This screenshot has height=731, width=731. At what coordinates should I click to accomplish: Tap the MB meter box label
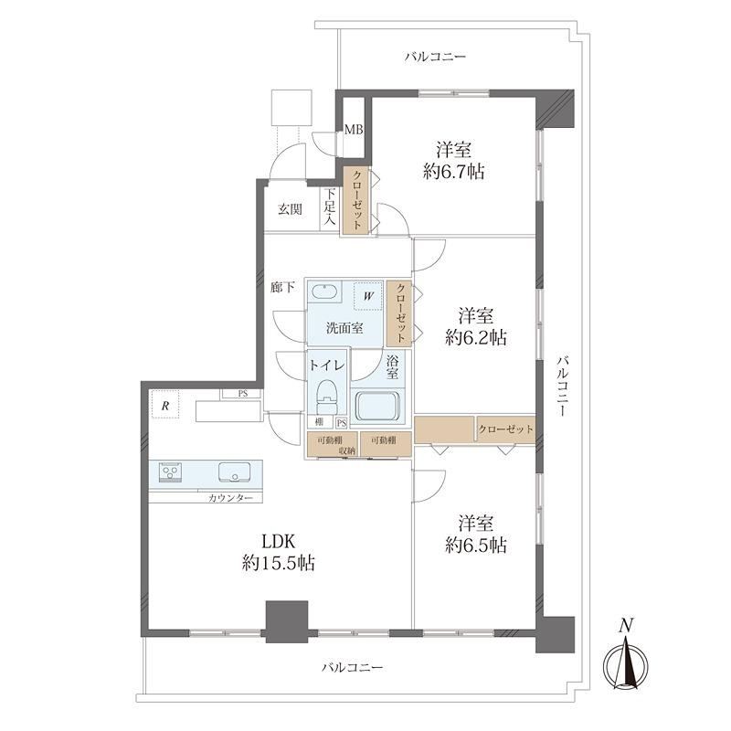[x=354, y=130]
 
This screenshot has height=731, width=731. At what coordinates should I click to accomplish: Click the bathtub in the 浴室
[x=377, y=406]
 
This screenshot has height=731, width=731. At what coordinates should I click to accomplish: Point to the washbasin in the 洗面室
[x=323, y=292]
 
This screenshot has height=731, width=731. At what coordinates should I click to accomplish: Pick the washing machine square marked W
[x=368, y=295]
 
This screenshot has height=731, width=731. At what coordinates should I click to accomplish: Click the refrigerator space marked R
[x=165, y=404]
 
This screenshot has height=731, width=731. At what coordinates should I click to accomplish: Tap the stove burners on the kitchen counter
[x=170, y=471]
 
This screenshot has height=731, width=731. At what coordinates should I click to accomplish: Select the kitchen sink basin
[x=235, y=471]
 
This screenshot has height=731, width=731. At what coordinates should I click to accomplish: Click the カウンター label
[x=230, y=498]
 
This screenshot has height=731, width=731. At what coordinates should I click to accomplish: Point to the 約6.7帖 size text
[x=453, y=172]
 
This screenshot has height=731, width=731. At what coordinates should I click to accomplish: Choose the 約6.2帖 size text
[x=475, y=337]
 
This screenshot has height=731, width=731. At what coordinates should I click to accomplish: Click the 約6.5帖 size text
[x=475, y=545]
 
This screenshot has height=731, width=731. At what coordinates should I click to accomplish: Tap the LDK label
[x=279, y=542]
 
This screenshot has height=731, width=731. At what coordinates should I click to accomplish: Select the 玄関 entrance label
[x=290, y=209]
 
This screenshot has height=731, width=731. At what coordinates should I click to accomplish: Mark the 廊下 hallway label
[x=282, y=287]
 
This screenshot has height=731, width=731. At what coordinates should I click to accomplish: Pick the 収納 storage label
[x=347, y=450]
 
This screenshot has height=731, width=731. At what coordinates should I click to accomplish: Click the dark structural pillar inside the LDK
[x=287, y=621]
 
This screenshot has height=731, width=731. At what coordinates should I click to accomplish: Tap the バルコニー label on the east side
[x=563, y=386]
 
